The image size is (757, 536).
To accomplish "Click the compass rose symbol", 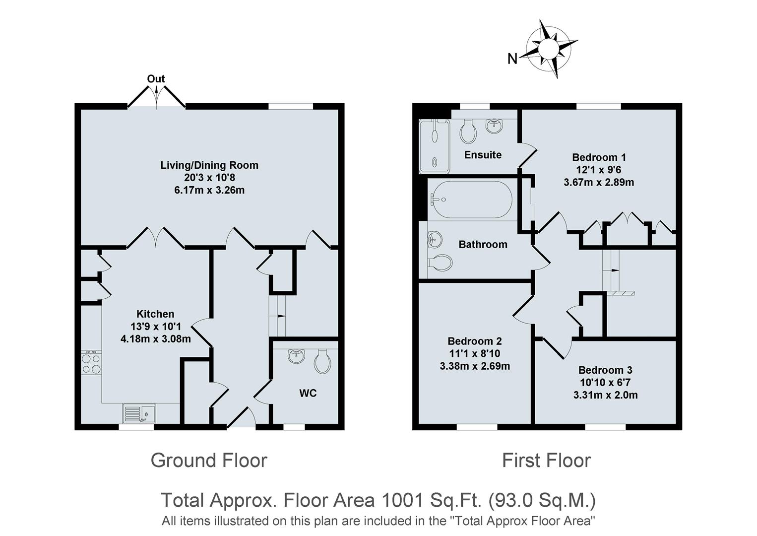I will click(x=549, y=49).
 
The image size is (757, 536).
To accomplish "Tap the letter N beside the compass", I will click(x=512, y=59).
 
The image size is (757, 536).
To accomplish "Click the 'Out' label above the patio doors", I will click(x=156, y=79).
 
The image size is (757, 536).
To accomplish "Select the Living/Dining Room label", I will click(x=209, y=165).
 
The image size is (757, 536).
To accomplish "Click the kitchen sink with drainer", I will click(x=139, y=413).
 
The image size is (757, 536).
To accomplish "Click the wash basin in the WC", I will click(x=297, y=355).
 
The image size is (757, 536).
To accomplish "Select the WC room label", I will click(x=308, y=393).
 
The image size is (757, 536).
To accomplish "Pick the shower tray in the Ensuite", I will click(x=435, y=146).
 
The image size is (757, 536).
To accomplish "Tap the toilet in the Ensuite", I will click(x=468, y=131).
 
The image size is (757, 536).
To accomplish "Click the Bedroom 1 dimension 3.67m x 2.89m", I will click(x=599, y=182).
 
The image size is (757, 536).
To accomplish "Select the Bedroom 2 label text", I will click(x=474, y=341).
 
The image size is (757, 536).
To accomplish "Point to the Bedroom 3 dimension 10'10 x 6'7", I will click(x=605, y=383).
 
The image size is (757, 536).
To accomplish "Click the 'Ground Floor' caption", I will click(x=209, y=461).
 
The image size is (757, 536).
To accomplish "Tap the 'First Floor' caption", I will click(x=546, y=461).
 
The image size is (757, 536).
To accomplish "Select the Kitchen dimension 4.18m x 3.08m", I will click(x=155, y=339).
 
